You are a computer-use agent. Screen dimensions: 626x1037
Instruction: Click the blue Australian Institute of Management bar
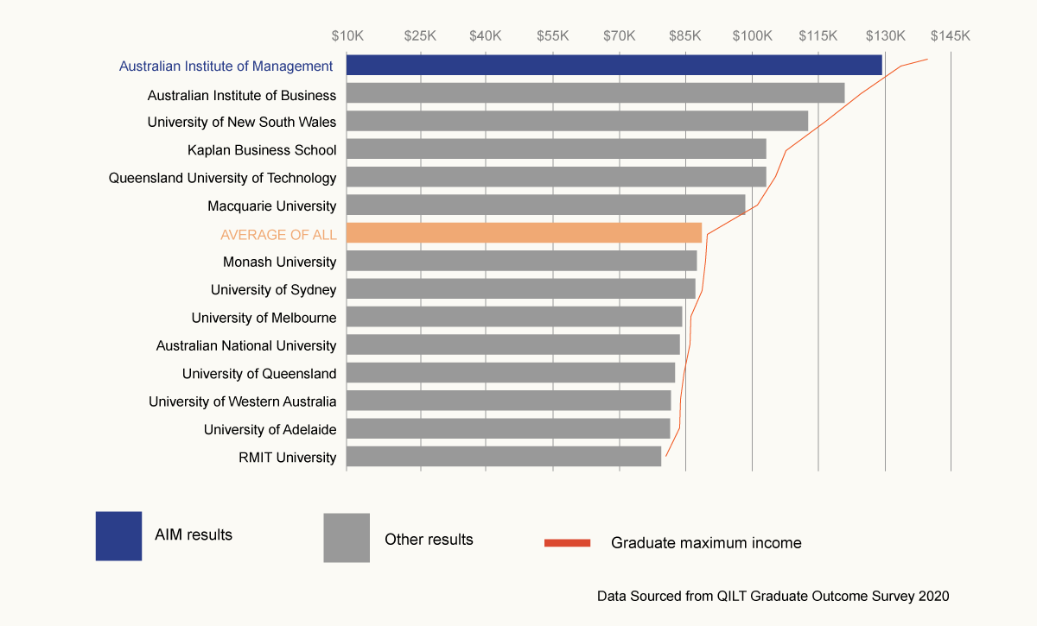[x=614, y=65]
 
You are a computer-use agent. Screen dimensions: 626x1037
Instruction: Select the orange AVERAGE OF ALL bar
[x=524, y=233]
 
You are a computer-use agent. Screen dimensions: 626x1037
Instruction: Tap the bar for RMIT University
[x=504, y=456]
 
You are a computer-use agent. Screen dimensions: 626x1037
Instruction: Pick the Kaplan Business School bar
[x=556, y=149]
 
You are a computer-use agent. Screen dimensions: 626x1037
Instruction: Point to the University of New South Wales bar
[x=577, y=121]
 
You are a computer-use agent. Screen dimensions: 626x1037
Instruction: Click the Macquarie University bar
[x=545, y=205]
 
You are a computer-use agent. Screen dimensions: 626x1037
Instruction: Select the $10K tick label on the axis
[x=347, y=36]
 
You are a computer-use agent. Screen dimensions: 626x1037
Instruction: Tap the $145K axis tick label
[x=951, y=36]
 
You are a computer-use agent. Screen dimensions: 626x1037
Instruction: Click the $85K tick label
[x=685, y=36]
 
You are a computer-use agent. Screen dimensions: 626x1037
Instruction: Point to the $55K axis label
[x=552, y=36]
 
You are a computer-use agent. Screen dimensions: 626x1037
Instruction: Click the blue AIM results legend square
[x=118, y=536]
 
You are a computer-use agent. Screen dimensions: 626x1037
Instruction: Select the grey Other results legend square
[x=347, y=538]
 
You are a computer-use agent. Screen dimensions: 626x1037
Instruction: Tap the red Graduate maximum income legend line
[x=567, y=543]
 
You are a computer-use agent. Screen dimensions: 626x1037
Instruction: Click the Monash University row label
[x=279, y=262]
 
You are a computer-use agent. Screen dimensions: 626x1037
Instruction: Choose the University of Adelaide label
[x=270, y=429]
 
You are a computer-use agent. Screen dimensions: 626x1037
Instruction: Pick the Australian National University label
[x=245, y=345]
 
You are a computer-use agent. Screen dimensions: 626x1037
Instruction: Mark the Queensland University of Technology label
[x=222, y=178]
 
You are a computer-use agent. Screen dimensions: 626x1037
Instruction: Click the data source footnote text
[x=773, y=596]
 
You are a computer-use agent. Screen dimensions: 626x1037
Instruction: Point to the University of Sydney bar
[x=520, y=288]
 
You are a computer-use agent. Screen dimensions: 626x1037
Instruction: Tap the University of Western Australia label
[x=242, y=402]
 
